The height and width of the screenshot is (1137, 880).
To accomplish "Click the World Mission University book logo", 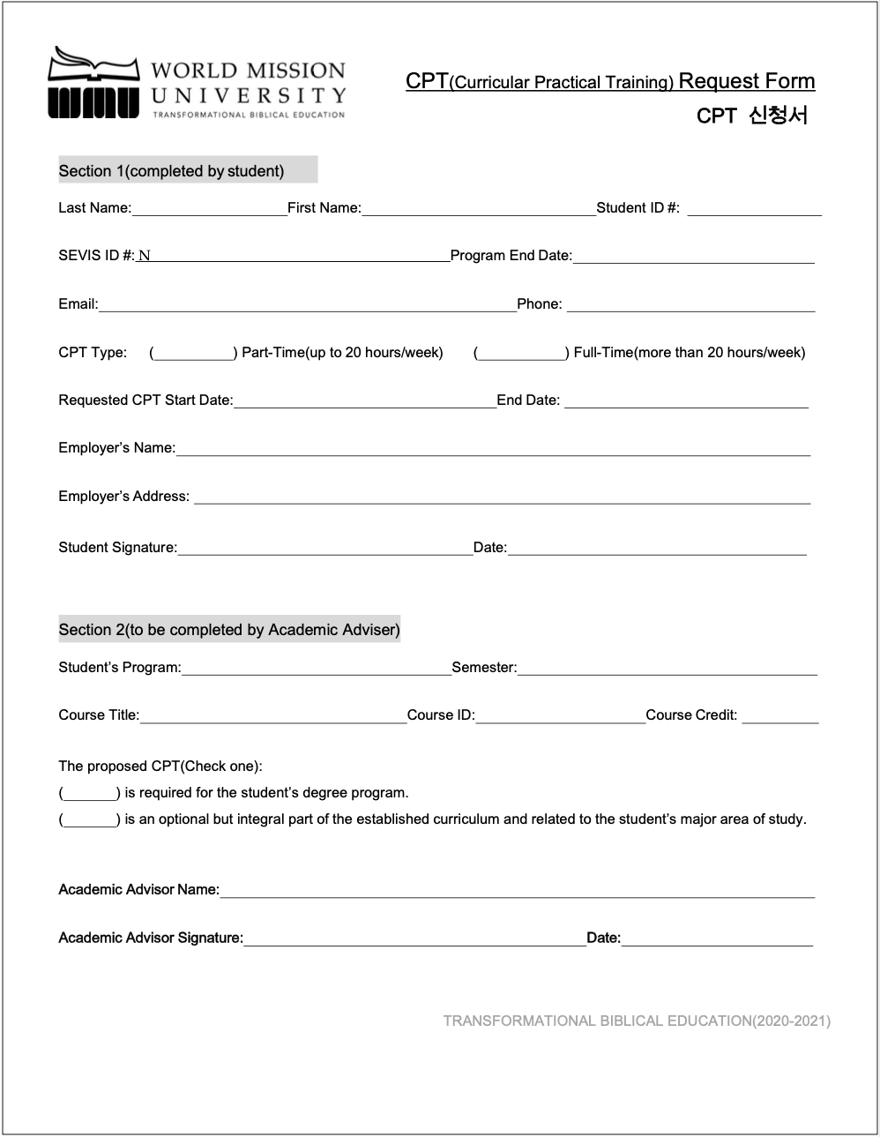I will (93, 82).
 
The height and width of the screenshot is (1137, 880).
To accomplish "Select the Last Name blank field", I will (209, 210).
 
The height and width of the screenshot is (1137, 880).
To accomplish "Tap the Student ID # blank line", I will (754, 210).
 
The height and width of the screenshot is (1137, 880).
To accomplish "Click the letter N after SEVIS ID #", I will (145, 256).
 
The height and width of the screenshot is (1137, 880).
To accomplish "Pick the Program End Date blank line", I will (693, 258).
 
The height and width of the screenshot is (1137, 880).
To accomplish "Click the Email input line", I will (307, 306).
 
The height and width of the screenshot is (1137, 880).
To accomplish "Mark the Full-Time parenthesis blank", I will (521, 354).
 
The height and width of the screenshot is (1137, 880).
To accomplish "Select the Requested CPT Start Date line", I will (364, 402).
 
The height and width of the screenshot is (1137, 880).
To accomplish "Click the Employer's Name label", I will (116, 448).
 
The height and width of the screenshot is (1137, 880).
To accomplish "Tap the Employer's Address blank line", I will (501, 498).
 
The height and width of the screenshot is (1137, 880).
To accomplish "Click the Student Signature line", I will (324, 550).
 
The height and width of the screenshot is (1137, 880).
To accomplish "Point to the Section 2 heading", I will (229, 630).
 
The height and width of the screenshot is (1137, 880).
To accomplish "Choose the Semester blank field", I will (667, 669).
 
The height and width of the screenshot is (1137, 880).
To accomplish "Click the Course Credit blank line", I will (779, 717).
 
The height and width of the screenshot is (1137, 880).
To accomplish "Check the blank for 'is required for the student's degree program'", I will (89, 794).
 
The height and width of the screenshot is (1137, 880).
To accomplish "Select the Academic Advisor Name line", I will (517, 892).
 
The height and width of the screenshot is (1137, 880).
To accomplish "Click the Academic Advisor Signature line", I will (414, 940).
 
